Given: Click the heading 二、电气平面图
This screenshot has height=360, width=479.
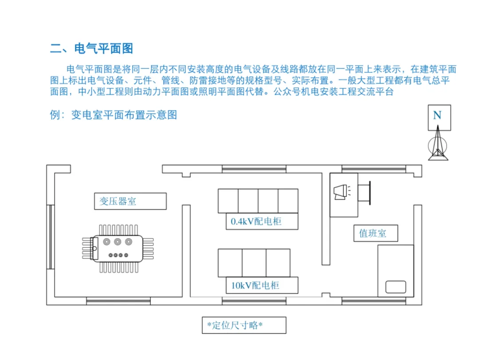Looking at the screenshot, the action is (91, 48).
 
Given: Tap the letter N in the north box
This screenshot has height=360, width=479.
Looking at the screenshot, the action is (437, 115).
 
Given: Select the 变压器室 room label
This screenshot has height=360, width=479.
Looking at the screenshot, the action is (118, 201).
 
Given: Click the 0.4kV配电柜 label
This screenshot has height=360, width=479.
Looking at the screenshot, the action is (256, 221).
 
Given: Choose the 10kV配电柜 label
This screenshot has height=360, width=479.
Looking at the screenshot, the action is (255, 285).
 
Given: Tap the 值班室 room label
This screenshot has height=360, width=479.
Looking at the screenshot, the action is (373, 233).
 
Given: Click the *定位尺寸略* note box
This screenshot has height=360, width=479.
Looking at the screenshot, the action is (244, 325).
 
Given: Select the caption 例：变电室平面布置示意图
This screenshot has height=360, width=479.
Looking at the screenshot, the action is (114, 115).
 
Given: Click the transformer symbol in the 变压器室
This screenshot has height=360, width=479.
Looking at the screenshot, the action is (118, 249).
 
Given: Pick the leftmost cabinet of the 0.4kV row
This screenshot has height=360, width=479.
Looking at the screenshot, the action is (228, 201).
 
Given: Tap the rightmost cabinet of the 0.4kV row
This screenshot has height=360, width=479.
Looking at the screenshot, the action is (288, 201).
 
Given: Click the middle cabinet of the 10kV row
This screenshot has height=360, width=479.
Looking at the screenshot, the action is (254, 263).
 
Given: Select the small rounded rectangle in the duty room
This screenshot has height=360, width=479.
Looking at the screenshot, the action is (396, 287).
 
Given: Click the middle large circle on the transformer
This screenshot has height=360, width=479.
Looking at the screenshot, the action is (118, 241).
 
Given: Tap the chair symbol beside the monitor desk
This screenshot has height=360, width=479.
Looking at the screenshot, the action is (364, 193).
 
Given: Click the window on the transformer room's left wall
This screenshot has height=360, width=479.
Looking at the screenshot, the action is (51, 237).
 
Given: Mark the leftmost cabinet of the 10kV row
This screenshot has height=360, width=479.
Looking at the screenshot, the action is (230, 263).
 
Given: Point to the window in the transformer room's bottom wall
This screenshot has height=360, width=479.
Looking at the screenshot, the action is (118, 301).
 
